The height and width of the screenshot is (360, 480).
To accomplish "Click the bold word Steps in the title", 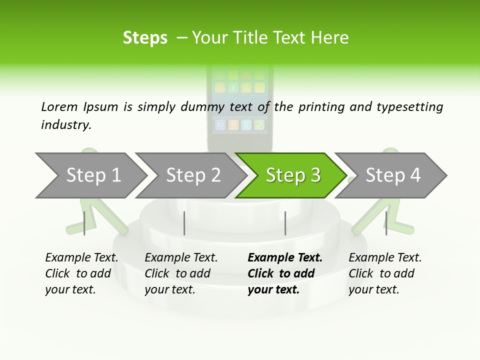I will [x=145, y=38].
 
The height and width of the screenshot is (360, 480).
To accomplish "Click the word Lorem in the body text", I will [x=59, y=106].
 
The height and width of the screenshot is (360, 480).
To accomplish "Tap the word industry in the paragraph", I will [x=65, y=124].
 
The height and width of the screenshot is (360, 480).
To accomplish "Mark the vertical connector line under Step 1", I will [x=84, y=223].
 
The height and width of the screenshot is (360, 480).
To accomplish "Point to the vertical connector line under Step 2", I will [x=184, y=223].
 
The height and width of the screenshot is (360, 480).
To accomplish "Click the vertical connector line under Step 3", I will [x=285, y=223].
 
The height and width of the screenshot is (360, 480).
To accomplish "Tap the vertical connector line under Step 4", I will [x=386, y=223].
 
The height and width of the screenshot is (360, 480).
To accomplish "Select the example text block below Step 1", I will [x=81, y=273].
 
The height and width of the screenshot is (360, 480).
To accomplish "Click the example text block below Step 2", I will [x=181, y=273].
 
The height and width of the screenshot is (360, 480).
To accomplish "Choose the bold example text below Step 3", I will [x=285, y=273].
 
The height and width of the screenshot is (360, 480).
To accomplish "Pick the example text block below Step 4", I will [x=385, y=273].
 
